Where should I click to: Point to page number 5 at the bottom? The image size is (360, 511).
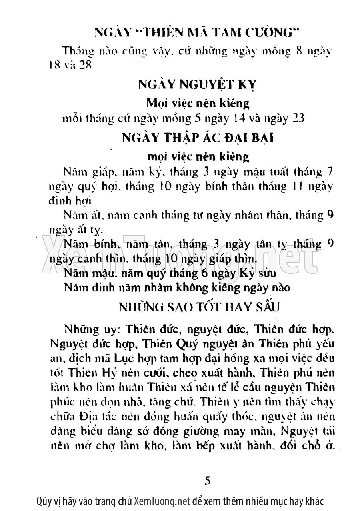(x=207, y=480)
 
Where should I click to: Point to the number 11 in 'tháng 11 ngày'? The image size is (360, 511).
(x=299, y=186)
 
